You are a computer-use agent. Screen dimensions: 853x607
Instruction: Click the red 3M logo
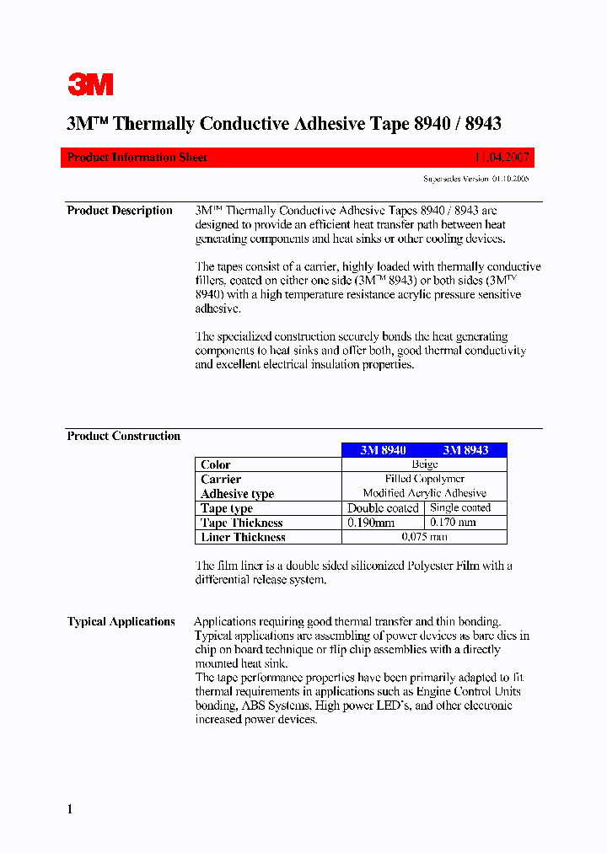[x=90, y=84]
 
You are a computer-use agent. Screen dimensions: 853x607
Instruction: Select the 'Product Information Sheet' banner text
[x=137, y=158]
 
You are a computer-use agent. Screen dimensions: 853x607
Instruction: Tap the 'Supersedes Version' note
[x=475, y=179]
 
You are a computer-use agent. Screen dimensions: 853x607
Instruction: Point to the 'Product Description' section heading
[x=120, y=211]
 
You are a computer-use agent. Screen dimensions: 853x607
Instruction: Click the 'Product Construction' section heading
[x=123, y=436]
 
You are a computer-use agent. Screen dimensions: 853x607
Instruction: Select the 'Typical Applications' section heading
[x=121, y=622]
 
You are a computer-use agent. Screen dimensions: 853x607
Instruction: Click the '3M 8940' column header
[x=383, y=450]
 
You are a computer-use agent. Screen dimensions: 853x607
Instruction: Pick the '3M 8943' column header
[x=465, y=450]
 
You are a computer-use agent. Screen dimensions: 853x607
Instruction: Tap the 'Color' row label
[x=216, y=464]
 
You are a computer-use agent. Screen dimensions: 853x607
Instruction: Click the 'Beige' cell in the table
[x=424, y=464]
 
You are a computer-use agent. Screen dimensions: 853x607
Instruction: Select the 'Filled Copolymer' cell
[x=424, y=479]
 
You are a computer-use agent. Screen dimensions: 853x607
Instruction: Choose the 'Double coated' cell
[x=383, y=508]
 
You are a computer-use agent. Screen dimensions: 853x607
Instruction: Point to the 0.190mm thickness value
[x=371, y=523]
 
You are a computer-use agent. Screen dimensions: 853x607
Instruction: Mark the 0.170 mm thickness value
[x=454, y=523]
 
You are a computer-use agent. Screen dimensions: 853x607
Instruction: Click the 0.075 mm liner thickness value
[x=424, y=537]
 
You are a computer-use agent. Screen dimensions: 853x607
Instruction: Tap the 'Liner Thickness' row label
[x=243, y=537]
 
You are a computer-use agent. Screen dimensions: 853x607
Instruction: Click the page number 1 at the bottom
[x=70, y=809]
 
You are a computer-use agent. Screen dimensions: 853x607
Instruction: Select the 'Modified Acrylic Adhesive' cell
[x=424, y=493]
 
